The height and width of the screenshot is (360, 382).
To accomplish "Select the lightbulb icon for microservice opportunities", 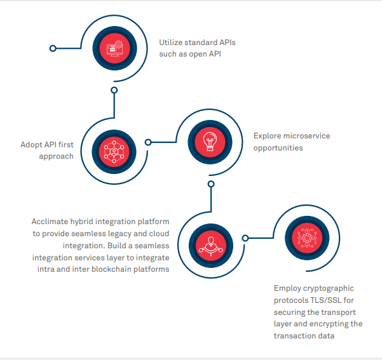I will click(209, 139).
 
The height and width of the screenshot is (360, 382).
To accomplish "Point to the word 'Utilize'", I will click(171, 43).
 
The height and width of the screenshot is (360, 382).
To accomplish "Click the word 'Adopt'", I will click(31, 144).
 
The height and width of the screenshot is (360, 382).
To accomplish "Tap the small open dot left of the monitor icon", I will click(53, 48).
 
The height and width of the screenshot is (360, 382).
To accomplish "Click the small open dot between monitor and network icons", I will click(114, 90).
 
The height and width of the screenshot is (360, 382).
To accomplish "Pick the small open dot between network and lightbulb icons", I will click(148, 142).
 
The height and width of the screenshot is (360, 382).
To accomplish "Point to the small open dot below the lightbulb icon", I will click(211, 184).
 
